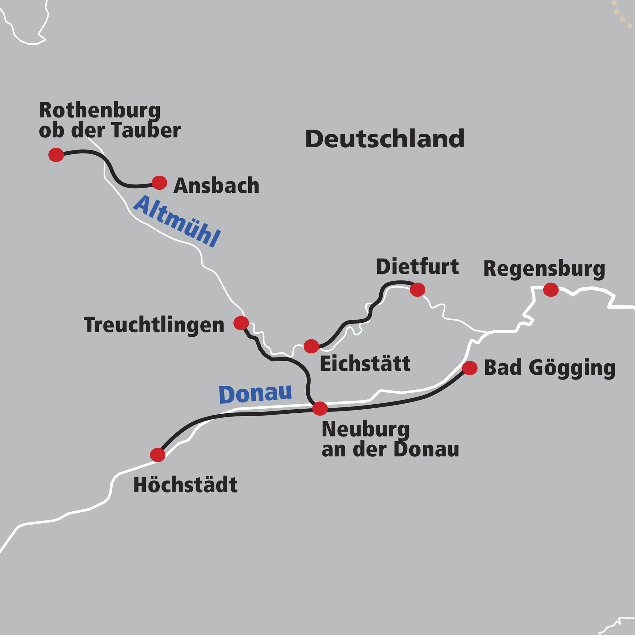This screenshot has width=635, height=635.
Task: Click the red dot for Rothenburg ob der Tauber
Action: click(56, 155)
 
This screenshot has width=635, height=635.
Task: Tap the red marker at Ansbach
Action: click(159, 183)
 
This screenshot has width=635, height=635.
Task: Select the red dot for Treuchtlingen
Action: click(241, 323)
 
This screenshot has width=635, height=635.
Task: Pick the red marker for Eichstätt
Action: click(311, 346)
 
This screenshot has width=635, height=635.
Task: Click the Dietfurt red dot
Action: click(417, 290)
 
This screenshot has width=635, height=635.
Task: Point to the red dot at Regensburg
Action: click(551, 290)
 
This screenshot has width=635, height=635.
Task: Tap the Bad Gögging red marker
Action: click(470, 368)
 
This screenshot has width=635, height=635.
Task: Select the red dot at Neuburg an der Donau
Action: click(320, 409)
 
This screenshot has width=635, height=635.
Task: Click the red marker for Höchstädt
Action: click(158, 455)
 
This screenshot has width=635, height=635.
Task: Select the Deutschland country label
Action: click(384, 139)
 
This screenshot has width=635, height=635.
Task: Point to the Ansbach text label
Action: click(216, 186)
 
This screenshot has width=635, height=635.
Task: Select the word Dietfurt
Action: click(417, 267)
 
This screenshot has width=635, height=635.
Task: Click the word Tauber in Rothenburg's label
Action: click(146, 130)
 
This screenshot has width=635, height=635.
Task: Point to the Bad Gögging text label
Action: click(549, 368)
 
